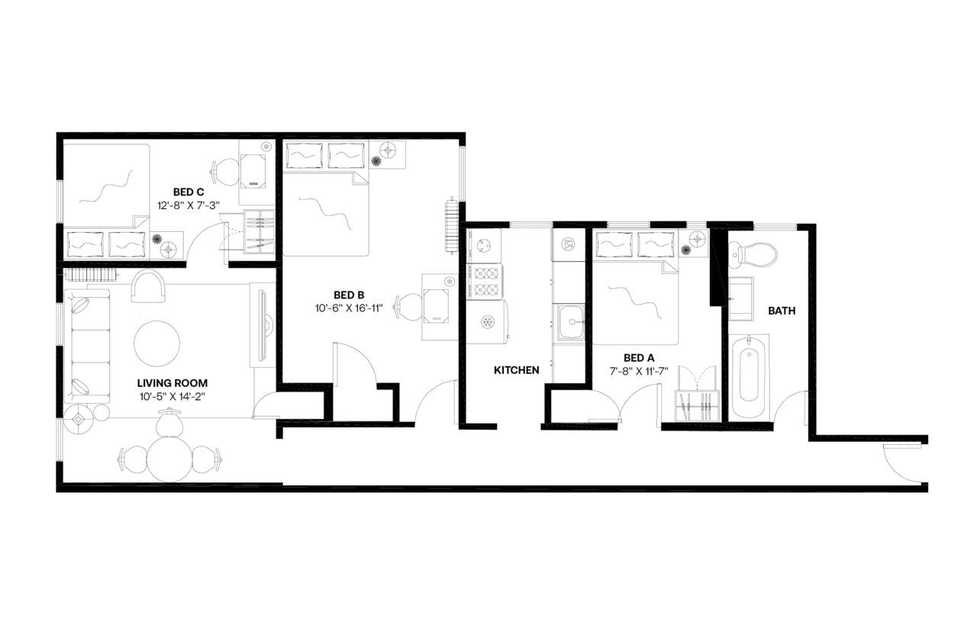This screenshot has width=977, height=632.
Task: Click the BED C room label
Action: [188, 192]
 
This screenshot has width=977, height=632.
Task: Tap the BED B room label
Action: [348, 295]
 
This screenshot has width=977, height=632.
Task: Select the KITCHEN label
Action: [517, 370]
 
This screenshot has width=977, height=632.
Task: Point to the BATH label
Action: [782, 311]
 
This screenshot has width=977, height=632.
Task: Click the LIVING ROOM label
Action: [173, 383]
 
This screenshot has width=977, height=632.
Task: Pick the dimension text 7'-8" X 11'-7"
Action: [639, 370]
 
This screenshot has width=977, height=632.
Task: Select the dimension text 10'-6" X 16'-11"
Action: [348, 308]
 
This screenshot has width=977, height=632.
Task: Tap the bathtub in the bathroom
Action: [750, 376]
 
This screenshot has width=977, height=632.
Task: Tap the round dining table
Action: [169, 459]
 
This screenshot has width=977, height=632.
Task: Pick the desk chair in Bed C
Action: [224, 170]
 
